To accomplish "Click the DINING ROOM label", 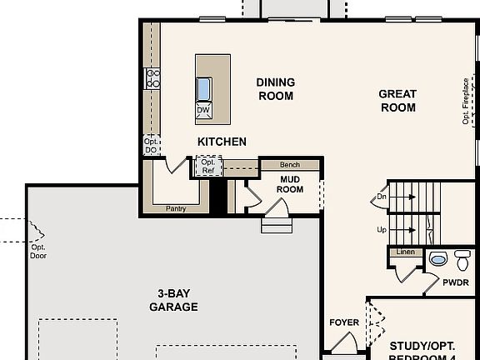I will (275, 89).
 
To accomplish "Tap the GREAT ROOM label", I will (397, 101).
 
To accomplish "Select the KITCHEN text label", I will (222, 142).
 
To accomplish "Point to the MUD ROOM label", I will (290, 183).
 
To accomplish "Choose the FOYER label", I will (344, 321).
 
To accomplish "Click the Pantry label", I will (176, 208).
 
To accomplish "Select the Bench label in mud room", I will (290, 165).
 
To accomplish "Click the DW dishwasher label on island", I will (203, 109).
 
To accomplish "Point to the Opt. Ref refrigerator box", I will (208, 167).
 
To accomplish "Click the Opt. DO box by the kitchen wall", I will (151, 146).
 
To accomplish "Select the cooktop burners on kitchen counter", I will (153, 79).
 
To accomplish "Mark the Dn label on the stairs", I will (382, 197).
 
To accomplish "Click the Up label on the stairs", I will (382, 229).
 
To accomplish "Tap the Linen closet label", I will (405, 252).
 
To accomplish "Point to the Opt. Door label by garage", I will (38, 251).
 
